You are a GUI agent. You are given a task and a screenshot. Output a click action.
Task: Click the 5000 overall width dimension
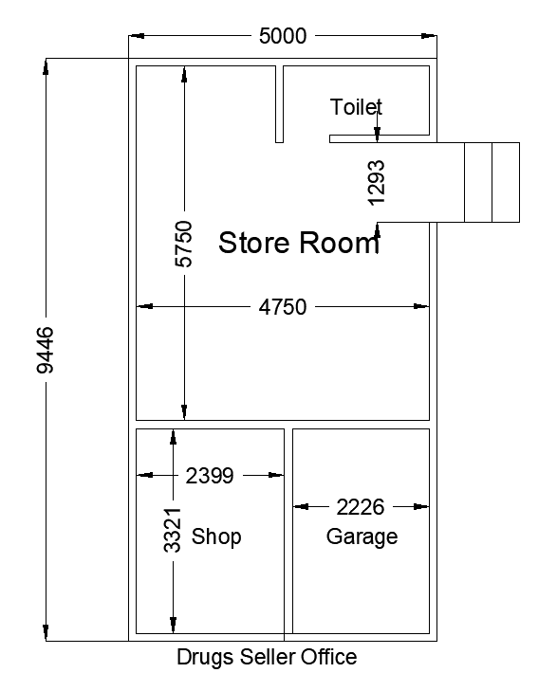click(283, 36)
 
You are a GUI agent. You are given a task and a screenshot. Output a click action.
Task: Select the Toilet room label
click(356, 106)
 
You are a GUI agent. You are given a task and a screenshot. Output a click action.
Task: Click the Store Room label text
click(299, 244)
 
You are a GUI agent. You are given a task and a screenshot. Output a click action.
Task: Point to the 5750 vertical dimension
click(183, 245)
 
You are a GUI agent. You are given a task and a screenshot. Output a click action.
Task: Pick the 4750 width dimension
click(283, 306)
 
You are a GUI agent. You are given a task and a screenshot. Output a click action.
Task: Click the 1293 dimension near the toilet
click(377, 182)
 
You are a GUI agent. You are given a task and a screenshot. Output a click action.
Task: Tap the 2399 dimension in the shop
click(210, 476)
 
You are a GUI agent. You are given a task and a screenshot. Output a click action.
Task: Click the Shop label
click(216, 536)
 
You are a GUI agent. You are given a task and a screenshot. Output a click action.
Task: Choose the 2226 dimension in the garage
click(361, 506)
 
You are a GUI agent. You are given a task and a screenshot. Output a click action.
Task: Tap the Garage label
click(362, 536)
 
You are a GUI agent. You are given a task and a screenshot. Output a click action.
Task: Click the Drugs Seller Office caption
click(267, 657)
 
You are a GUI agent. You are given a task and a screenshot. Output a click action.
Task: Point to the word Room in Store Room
click(339, 244)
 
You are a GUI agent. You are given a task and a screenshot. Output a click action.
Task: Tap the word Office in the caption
click(325, 657)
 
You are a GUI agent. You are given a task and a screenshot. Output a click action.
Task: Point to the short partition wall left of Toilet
click(279, 104)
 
